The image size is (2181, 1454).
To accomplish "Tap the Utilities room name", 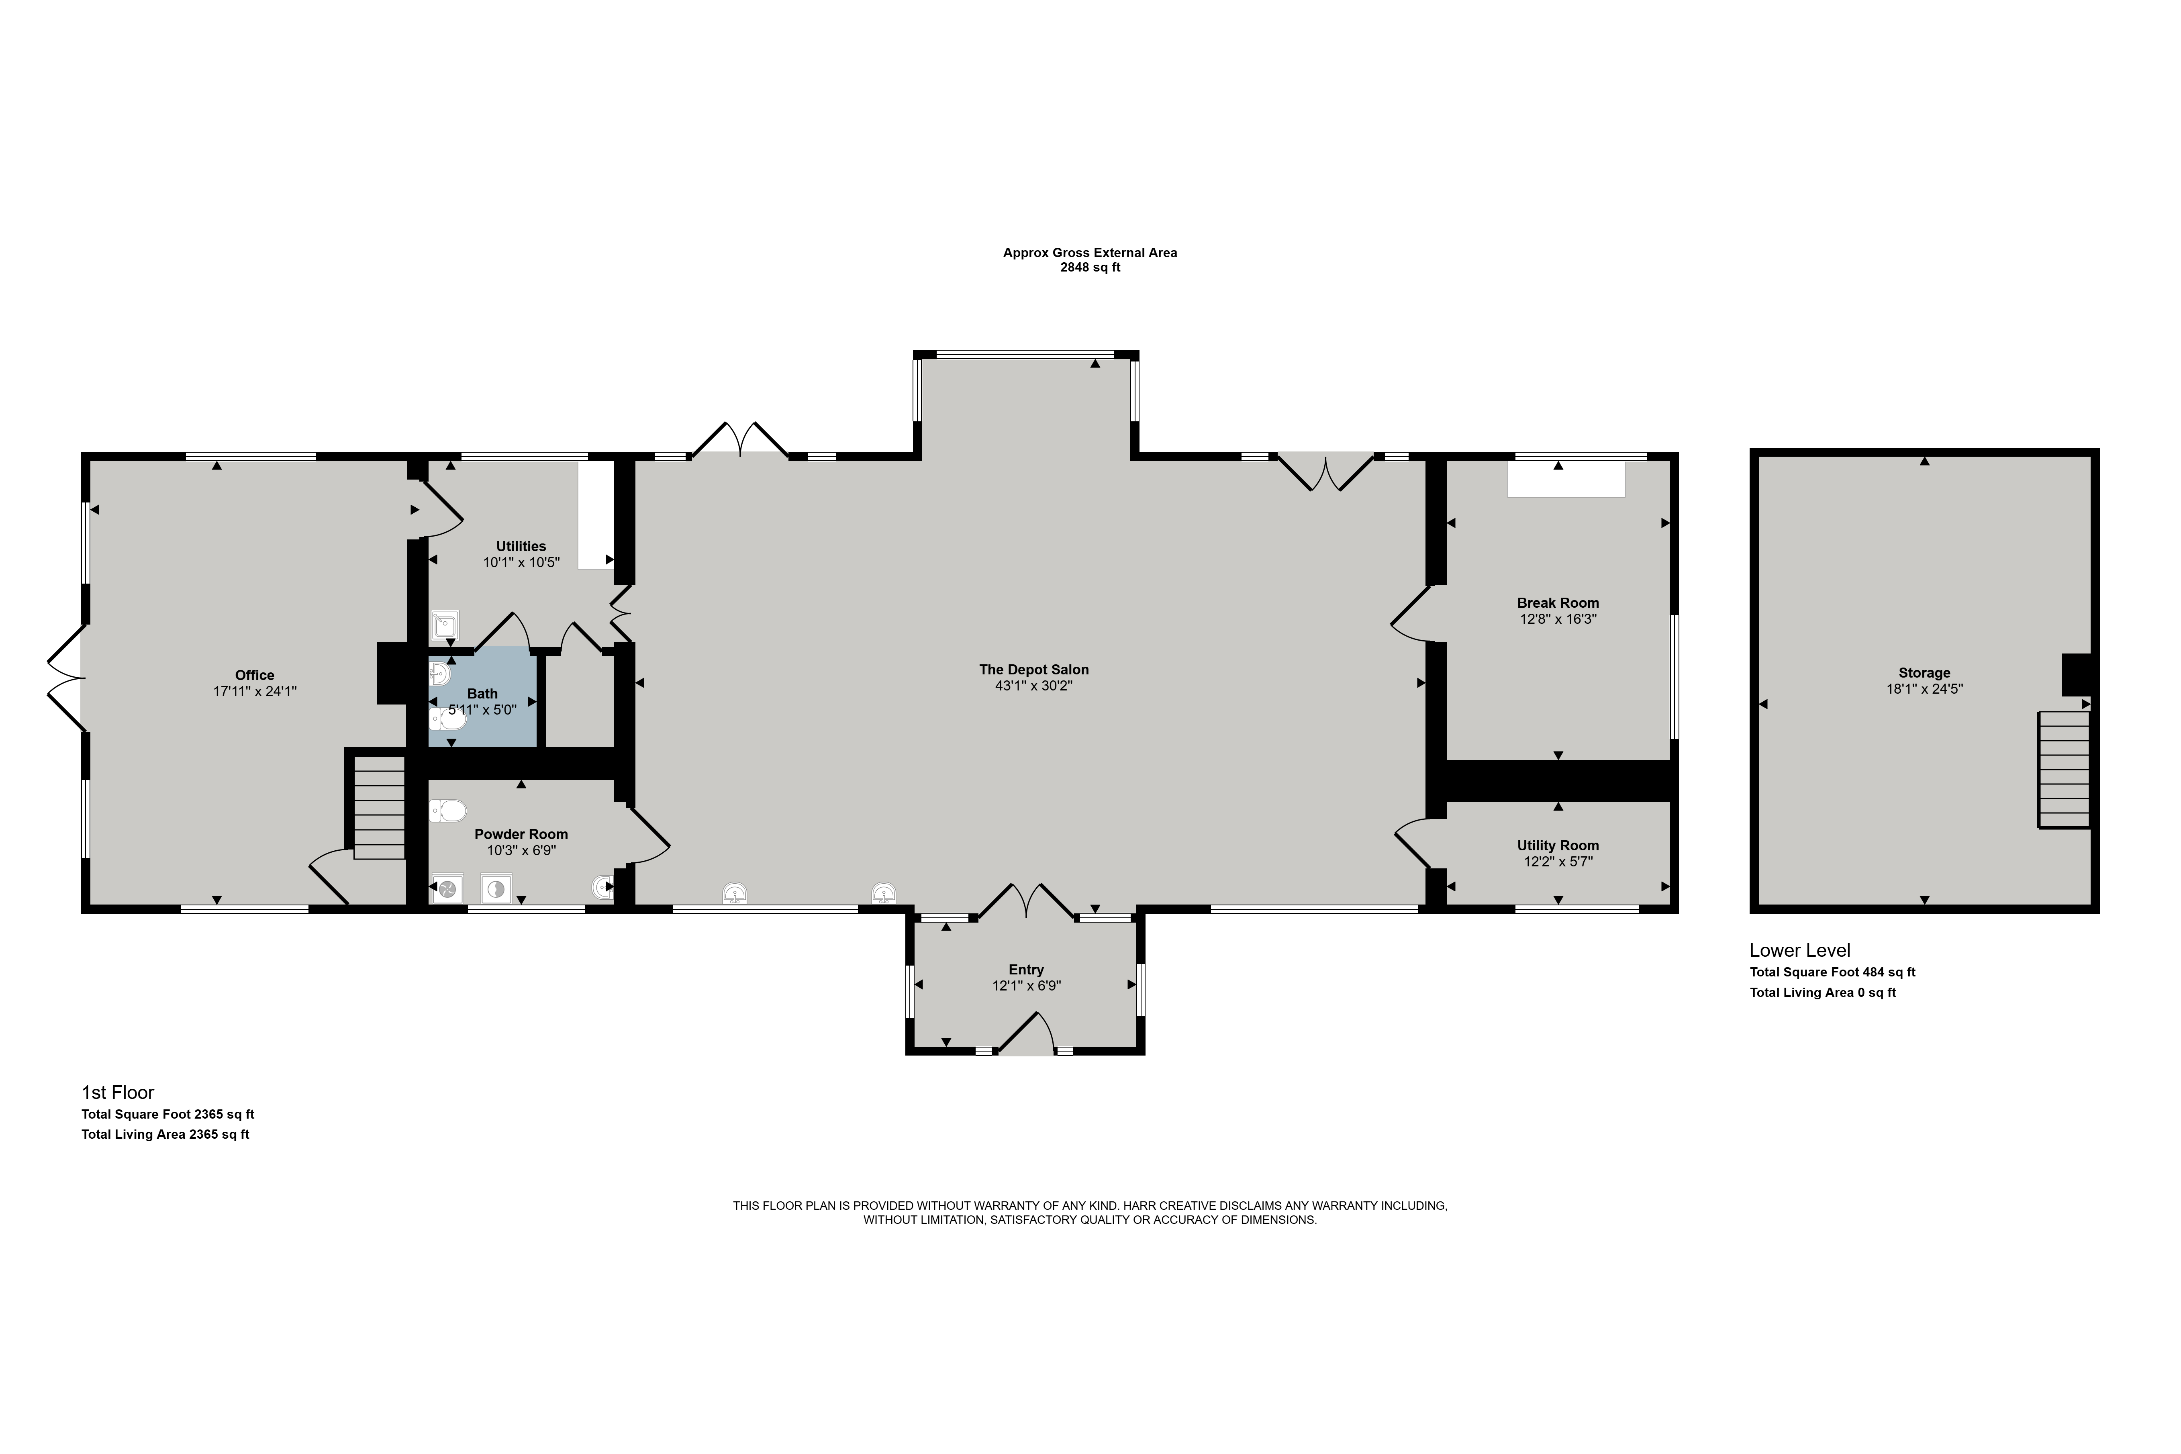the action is [521, 546].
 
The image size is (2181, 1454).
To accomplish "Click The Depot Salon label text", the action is [1034, 670].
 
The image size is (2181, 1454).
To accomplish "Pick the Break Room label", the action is [1558, 603].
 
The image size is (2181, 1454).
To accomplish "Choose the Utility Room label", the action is [1558, 846].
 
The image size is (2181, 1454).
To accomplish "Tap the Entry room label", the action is [1027, 970].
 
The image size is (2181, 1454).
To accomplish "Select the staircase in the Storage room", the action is [2063, 770].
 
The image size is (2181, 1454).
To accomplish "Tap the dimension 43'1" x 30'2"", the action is [1034, 686].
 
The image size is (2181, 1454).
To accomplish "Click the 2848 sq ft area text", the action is [1090, 268].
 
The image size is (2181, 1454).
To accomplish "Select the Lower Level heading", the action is [1800, 950].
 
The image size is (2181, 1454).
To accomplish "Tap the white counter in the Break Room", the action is [1566, 480].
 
